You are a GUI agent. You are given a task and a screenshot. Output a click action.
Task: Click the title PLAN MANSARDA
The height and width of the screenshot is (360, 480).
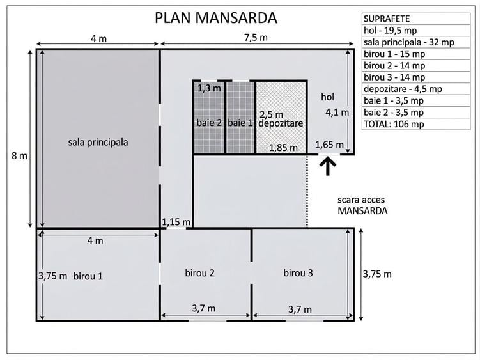pyautogui.click(x=216, y=18)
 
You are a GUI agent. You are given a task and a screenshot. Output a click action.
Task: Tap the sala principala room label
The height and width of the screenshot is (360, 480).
pyautogui.click(x=98, y=143)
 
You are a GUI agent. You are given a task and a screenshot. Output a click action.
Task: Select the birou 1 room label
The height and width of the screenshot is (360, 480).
pyautogui.click(x=88, y=276)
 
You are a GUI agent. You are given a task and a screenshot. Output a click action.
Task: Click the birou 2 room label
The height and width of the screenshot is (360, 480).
pyautogui.click(x=199, y=273)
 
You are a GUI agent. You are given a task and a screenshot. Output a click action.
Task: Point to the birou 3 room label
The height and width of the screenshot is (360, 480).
pyautogui.click(x=298, y=273)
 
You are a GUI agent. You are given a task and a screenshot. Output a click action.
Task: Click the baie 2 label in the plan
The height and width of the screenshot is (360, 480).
pyautogui.click(x=209, y=123)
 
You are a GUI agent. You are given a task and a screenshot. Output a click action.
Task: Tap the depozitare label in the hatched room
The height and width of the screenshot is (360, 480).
pyautogui.click(x=281, y=123)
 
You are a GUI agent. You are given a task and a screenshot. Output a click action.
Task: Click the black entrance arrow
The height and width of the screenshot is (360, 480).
pyautogui.click(x=327, y=166)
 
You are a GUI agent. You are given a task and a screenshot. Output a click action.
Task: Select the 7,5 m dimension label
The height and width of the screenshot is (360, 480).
pyautogui.click(x=256, y=38)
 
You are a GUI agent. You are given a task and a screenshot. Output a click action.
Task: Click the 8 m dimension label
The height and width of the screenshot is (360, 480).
pyautogui.click(x=19, y=156)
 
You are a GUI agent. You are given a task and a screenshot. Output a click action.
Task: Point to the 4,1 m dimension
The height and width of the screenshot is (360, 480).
pyautogui.click(x=337, y=113)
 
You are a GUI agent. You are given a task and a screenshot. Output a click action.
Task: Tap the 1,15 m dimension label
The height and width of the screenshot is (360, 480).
pyautogui.click(x=176, y=222)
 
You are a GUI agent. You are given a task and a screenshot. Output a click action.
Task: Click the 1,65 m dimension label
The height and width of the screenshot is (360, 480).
pyautogui.click(x=329, y=145)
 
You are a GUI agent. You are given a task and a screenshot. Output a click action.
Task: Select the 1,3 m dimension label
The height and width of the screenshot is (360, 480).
pyautogui.click(x=209, y=88)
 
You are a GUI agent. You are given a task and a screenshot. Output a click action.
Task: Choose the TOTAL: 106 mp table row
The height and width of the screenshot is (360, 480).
pyautogui.click(x=394, y=125)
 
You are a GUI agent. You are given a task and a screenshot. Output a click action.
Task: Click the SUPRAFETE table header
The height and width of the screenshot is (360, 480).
pyautogui.click(x=387, y=19)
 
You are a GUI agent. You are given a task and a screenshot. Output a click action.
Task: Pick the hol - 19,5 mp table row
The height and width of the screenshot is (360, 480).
pyautogui.click(x=391, y=31)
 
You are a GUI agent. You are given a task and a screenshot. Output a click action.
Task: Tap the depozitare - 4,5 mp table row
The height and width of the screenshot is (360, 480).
pyautogui.click(x=403, y=89)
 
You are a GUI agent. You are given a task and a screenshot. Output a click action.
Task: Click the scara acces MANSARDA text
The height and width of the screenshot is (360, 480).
pyautogui.click(x=362, y=205)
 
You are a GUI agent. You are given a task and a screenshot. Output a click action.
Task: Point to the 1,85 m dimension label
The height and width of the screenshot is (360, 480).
pyautogui.click(x=284, y=148)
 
